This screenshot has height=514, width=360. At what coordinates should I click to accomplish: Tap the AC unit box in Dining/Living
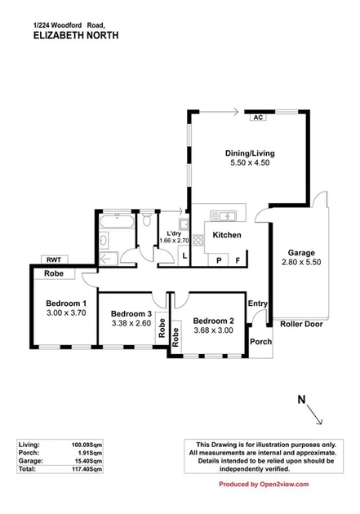259,117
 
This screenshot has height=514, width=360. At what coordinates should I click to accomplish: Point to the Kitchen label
227,235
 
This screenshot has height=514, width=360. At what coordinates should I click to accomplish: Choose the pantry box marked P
220,259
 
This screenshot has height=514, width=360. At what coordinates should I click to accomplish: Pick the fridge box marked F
238,259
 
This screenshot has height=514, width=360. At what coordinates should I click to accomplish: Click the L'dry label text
174,232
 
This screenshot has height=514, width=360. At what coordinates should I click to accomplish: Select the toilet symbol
145,220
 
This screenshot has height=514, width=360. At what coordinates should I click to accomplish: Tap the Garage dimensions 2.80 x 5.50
300,264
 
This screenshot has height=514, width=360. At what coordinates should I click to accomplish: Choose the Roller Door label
302,323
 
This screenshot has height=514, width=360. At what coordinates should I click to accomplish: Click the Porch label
260,341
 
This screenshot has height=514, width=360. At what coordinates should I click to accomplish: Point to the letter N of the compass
301,399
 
